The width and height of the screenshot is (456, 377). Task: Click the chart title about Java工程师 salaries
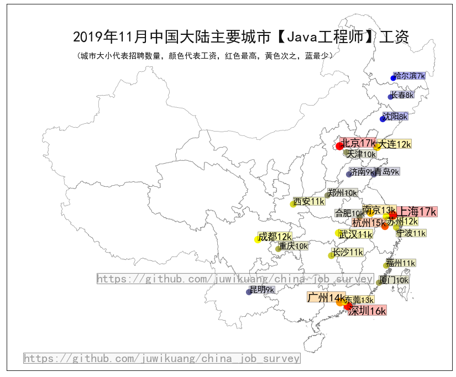pos(241,37)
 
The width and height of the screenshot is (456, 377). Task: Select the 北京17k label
pos(358,143)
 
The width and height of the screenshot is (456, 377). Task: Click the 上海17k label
pos(418,211)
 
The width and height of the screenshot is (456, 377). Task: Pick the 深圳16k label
pos(368,311)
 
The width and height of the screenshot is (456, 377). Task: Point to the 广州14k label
pos(326,297)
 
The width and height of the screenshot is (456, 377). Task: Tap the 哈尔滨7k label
pos(410,76)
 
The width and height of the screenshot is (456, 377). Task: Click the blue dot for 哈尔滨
pos(394,78)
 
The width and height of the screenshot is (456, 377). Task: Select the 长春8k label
pos(402,95)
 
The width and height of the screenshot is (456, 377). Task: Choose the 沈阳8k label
pos(395,117)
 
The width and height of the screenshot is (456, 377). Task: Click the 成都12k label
pos(275,237)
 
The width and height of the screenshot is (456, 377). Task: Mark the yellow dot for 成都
pos(258,239)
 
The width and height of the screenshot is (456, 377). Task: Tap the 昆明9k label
pos(262,290)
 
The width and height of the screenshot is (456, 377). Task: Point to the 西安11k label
pos(309,201)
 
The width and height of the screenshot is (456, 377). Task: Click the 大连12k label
pos(395,144)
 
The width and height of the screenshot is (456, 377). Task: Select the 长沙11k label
pos(348,252)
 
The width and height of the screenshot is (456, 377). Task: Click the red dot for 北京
pos(339,146)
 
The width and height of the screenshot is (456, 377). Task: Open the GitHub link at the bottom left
pos(162,358)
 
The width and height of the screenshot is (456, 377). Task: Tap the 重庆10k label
pos(293,246)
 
